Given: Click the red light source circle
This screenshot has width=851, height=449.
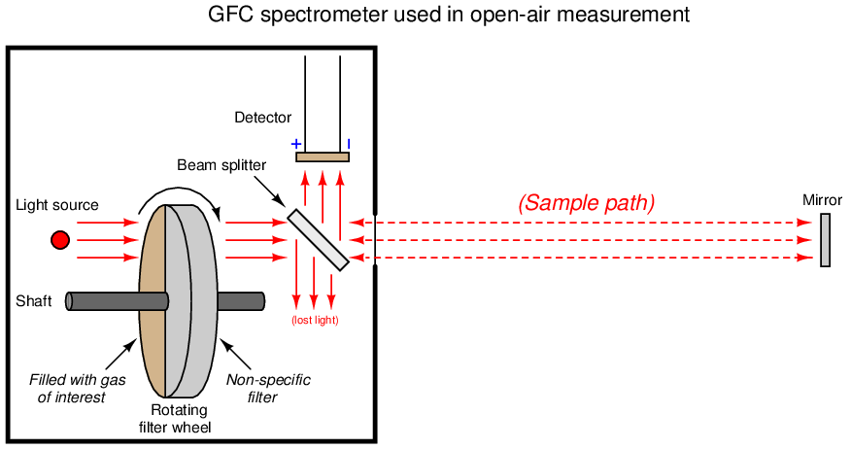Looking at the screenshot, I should [x=60, y=239].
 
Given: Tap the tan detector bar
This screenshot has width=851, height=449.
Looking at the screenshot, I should [x=323, y=156].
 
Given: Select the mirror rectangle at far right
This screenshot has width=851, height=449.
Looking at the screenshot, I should [x=825, y=239].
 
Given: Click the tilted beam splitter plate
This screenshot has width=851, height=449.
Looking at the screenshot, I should [x=318, y=239].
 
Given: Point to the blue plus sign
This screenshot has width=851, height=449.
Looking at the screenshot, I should [x=296, y=144].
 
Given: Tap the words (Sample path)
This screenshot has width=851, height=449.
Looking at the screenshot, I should [x=586, y=203].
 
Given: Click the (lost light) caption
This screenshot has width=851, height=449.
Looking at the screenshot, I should [x=315, y=320].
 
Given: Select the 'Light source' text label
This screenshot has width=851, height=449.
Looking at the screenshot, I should [x=57, y=205].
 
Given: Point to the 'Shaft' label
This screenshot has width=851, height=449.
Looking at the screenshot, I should [x=33, y=301].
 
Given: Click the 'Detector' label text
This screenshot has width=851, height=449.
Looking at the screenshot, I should [x=262, y=119].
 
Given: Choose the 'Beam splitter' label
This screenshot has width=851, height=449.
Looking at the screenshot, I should [x=221, y=165].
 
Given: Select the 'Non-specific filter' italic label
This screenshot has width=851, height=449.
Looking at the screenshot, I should [x=269, y=388].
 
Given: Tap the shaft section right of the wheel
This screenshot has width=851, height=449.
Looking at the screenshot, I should [x=241, y=300].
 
